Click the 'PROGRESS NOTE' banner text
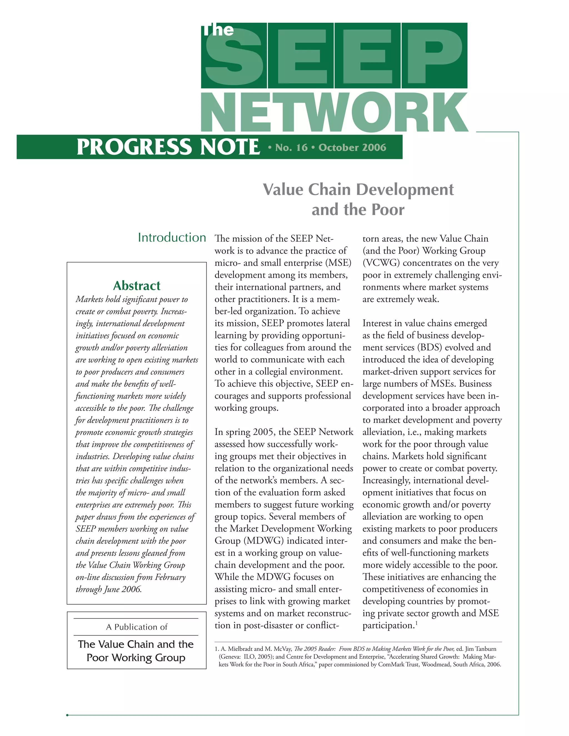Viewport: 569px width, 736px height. pyautogui.click(x=168, y=147)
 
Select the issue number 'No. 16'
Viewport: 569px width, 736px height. pyautogui.click(x=291, y=147)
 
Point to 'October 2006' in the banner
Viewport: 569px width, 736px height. pyautogui.click(x=352, y=147)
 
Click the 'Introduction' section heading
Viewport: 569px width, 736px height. pyautogui.click(x=172, y=237)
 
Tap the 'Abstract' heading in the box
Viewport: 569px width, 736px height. pyautogui.click(x=136, y=286)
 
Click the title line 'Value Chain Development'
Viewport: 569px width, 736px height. pyautogui.click(x=358, y=189)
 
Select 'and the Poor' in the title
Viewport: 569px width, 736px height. pyautogui.click(x=358, y=210)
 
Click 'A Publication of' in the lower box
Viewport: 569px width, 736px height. pyautogui.click(x=136, y=627)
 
